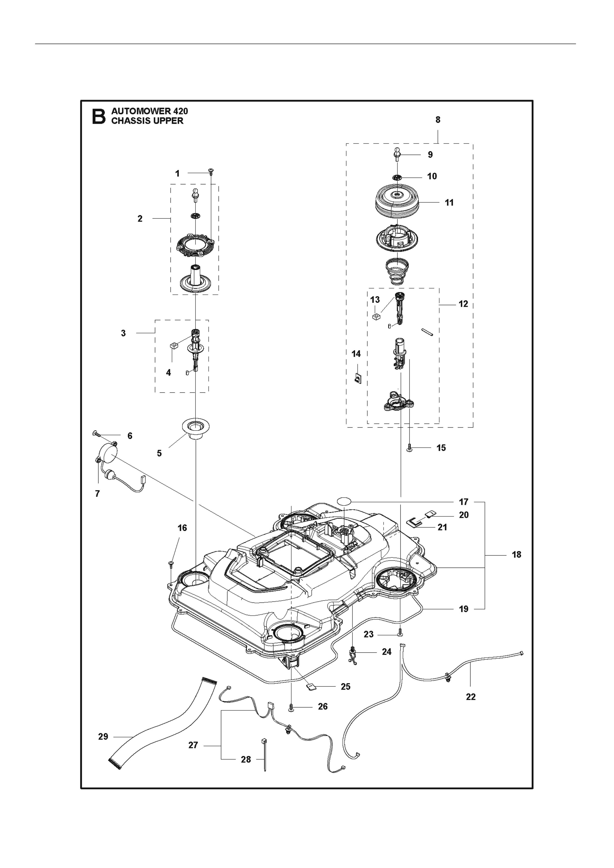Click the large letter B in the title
[99, 117]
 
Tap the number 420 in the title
[180, 111]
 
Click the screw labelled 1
[211, 173]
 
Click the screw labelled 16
[171, 564]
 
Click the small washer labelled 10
[397, 177]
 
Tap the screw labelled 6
[96, 433]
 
